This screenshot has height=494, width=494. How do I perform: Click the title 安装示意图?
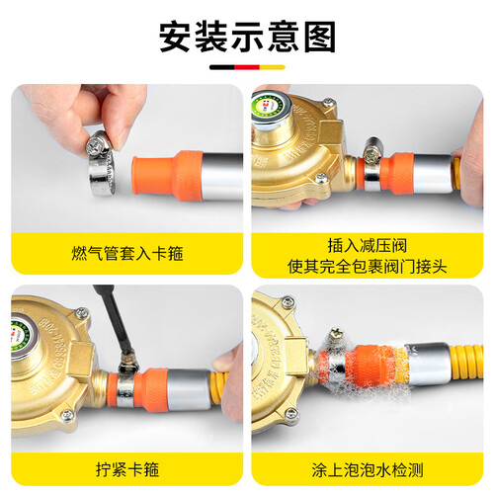[x=247, y=37]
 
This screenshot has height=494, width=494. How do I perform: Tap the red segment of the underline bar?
[x=247, y=67]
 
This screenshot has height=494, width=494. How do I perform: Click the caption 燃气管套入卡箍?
[x=127, y=254]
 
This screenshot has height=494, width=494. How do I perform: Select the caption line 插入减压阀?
[x=368, y=246]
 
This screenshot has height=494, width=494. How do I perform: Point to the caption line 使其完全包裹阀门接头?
[x=368, y=266]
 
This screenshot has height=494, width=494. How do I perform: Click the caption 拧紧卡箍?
[x=127, y=469]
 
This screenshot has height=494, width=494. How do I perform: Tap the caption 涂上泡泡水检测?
[x=368, y=469]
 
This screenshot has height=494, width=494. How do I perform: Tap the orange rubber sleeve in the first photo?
[x=167, y=176]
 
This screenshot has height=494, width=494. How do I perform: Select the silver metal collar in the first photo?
[x=222, y=176]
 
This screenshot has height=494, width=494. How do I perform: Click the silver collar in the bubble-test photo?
[x=428, y=364]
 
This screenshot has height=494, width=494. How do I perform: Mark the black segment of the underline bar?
[x=222, y=67]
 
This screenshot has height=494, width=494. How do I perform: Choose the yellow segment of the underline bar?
[x=273, y=67]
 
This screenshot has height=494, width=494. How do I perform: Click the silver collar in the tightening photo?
[x=190, y=389]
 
